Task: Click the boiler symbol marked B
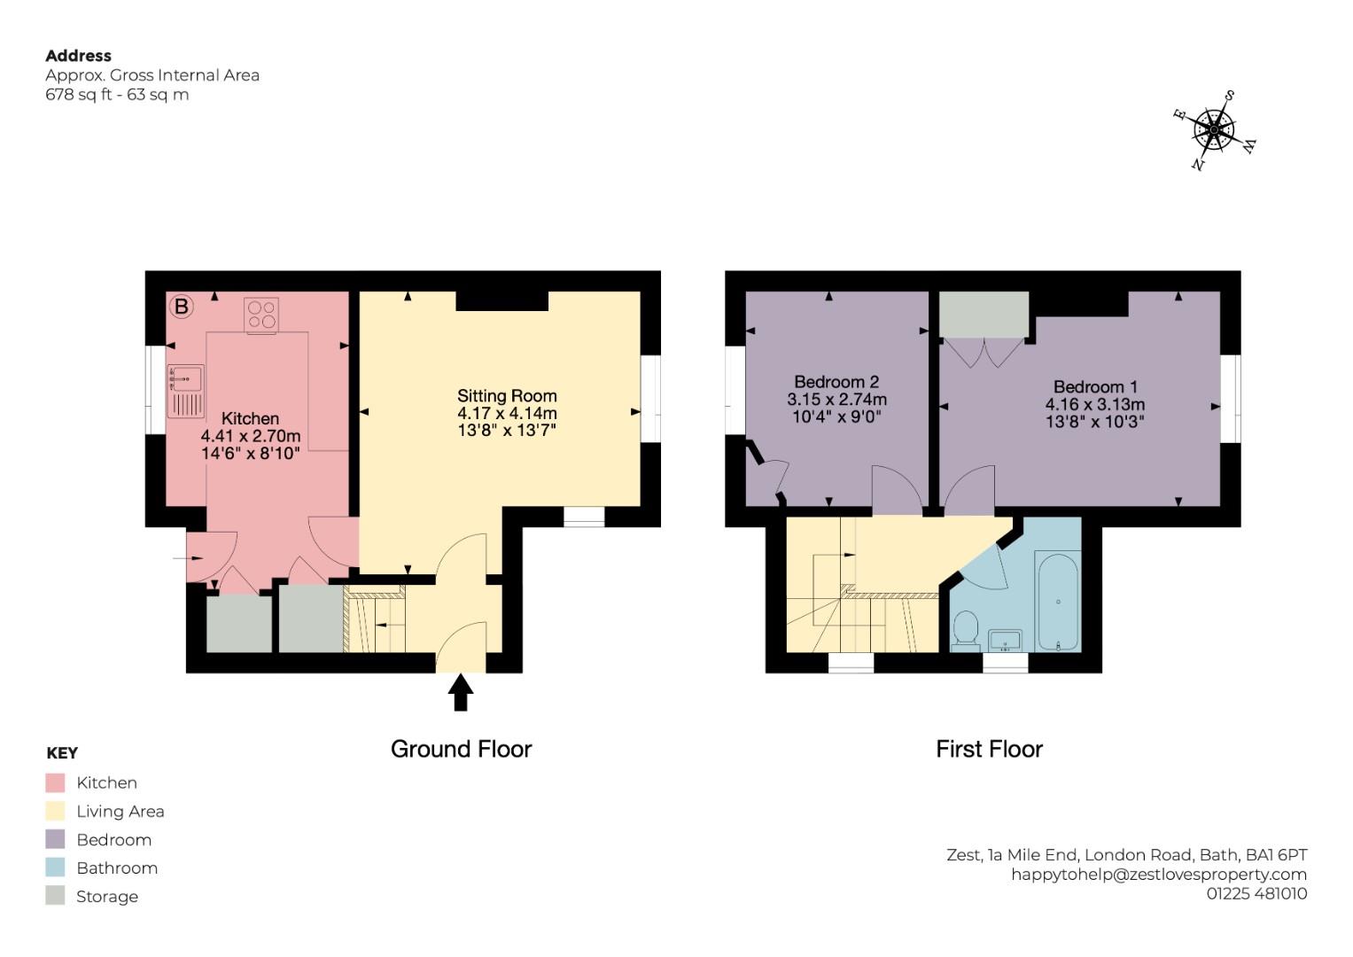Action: (181, 307)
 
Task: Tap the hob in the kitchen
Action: (261, 315)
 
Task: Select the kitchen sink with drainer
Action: (186, 391)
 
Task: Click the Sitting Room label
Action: (507, 396)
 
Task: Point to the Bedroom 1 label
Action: (1095, 387)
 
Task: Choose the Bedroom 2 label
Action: (836, 382)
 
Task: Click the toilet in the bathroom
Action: (964, 631)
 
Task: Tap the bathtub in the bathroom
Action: (1058, 603)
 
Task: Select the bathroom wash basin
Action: (1005, 640)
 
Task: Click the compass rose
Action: (1214, 130)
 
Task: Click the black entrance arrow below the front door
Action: (460, 692)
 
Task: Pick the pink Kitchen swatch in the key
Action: (55, 783)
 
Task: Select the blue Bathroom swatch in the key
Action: (55, 868)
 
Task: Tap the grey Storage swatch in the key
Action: (55, 897)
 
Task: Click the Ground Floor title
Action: (461, 750)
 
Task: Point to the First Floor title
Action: (989, 750)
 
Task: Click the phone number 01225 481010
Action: (1256, 894)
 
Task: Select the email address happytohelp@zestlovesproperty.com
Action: (1159, 875)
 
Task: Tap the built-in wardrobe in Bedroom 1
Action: (984, 315)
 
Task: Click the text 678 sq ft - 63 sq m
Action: (117, 95)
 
